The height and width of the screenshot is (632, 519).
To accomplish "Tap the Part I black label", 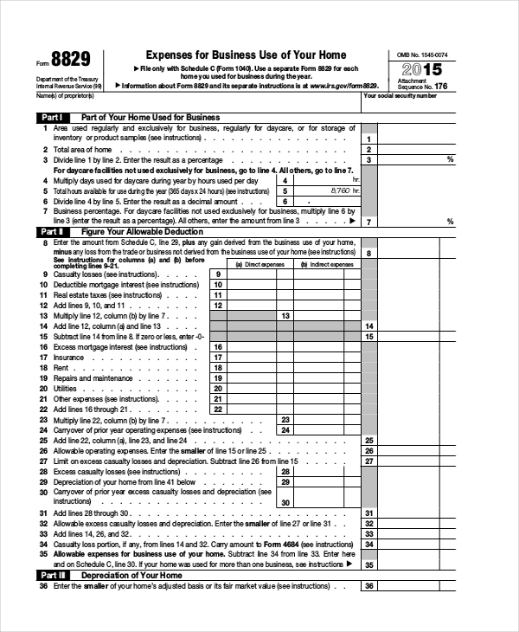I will (x=51, y=117).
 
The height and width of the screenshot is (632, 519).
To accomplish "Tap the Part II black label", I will (x=51, y=232).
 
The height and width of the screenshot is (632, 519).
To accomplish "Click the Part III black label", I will (x=51, y=575).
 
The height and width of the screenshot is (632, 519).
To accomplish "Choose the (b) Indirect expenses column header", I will (x=326, y=264).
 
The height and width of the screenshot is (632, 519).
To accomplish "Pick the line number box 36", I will (x=368, y=586).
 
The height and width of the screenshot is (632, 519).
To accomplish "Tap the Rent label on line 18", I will (x=61, y=367).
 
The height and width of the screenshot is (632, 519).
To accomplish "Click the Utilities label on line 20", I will (x=66, y=389).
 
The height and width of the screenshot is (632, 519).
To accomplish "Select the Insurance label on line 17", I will (x=69, y=357).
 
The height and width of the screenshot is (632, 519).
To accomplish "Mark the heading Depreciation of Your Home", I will (x=131, y=575).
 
